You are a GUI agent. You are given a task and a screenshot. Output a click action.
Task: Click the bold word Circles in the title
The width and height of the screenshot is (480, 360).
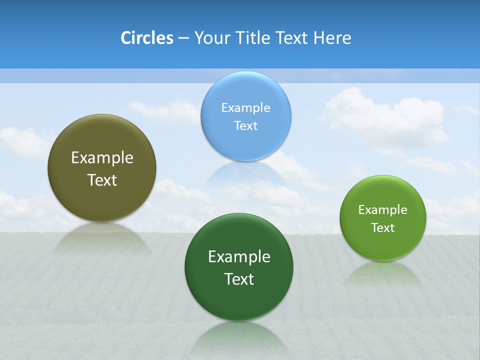[146, 38]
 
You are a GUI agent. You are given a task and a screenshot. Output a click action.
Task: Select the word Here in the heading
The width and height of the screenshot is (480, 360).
[332, 38]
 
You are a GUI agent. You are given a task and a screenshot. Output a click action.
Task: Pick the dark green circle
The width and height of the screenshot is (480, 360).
[239, 300]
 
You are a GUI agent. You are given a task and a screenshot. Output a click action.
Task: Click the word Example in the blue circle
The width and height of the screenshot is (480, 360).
[245, 108]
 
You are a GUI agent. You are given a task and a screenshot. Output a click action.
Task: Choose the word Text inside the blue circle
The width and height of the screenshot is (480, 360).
[245, 126]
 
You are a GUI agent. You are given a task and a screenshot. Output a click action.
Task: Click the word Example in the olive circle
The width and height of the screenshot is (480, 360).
[102, 158]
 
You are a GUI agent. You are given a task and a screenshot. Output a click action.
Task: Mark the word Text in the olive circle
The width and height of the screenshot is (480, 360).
[102, 180]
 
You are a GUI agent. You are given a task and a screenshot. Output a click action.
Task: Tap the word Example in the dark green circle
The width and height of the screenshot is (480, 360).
[239, 257]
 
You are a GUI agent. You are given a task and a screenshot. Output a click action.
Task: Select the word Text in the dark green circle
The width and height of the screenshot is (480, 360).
[239, 279]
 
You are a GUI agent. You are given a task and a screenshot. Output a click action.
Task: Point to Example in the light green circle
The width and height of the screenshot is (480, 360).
[382, 210]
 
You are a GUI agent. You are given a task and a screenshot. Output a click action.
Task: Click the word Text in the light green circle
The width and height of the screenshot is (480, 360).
[382, 228]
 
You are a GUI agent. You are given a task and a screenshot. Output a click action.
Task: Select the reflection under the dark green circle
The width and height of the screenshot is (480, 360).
[239, 337]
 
